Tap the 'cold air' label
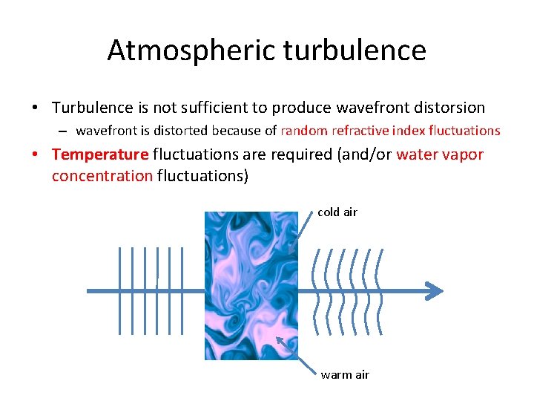(337, 212)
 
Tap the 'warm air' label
(345, 375)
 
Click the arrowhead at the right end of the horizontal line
(435, 290)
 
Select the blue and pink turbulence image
(251, 286)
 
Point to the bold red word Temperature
(100, 154)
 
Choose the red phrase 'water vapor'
(441, 154)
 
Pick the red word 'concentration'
(102, 177)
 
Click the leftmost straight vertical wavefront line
(119, 290)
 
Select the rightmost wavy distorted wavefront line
(380, 290)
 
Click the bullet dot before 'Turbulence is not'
(36, 108)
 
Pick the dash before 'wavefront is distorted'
(65, 131)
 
